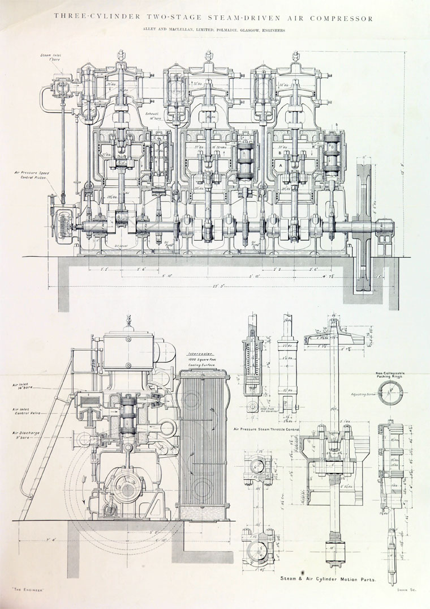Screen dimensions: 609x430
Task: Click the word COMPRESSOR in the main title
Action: click(x=337, y=19)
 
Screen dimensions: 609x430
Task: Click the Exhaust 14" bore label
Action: click(x=153, y=117)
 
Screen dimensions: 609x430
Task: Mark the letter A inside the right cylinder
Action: click(x=280, y=163)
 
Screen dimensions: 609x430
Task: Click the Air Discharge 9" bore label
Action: click(x=30, y=435)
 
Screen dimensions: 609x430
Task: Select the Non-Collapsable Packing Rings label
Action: click(x=389, y=376)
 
